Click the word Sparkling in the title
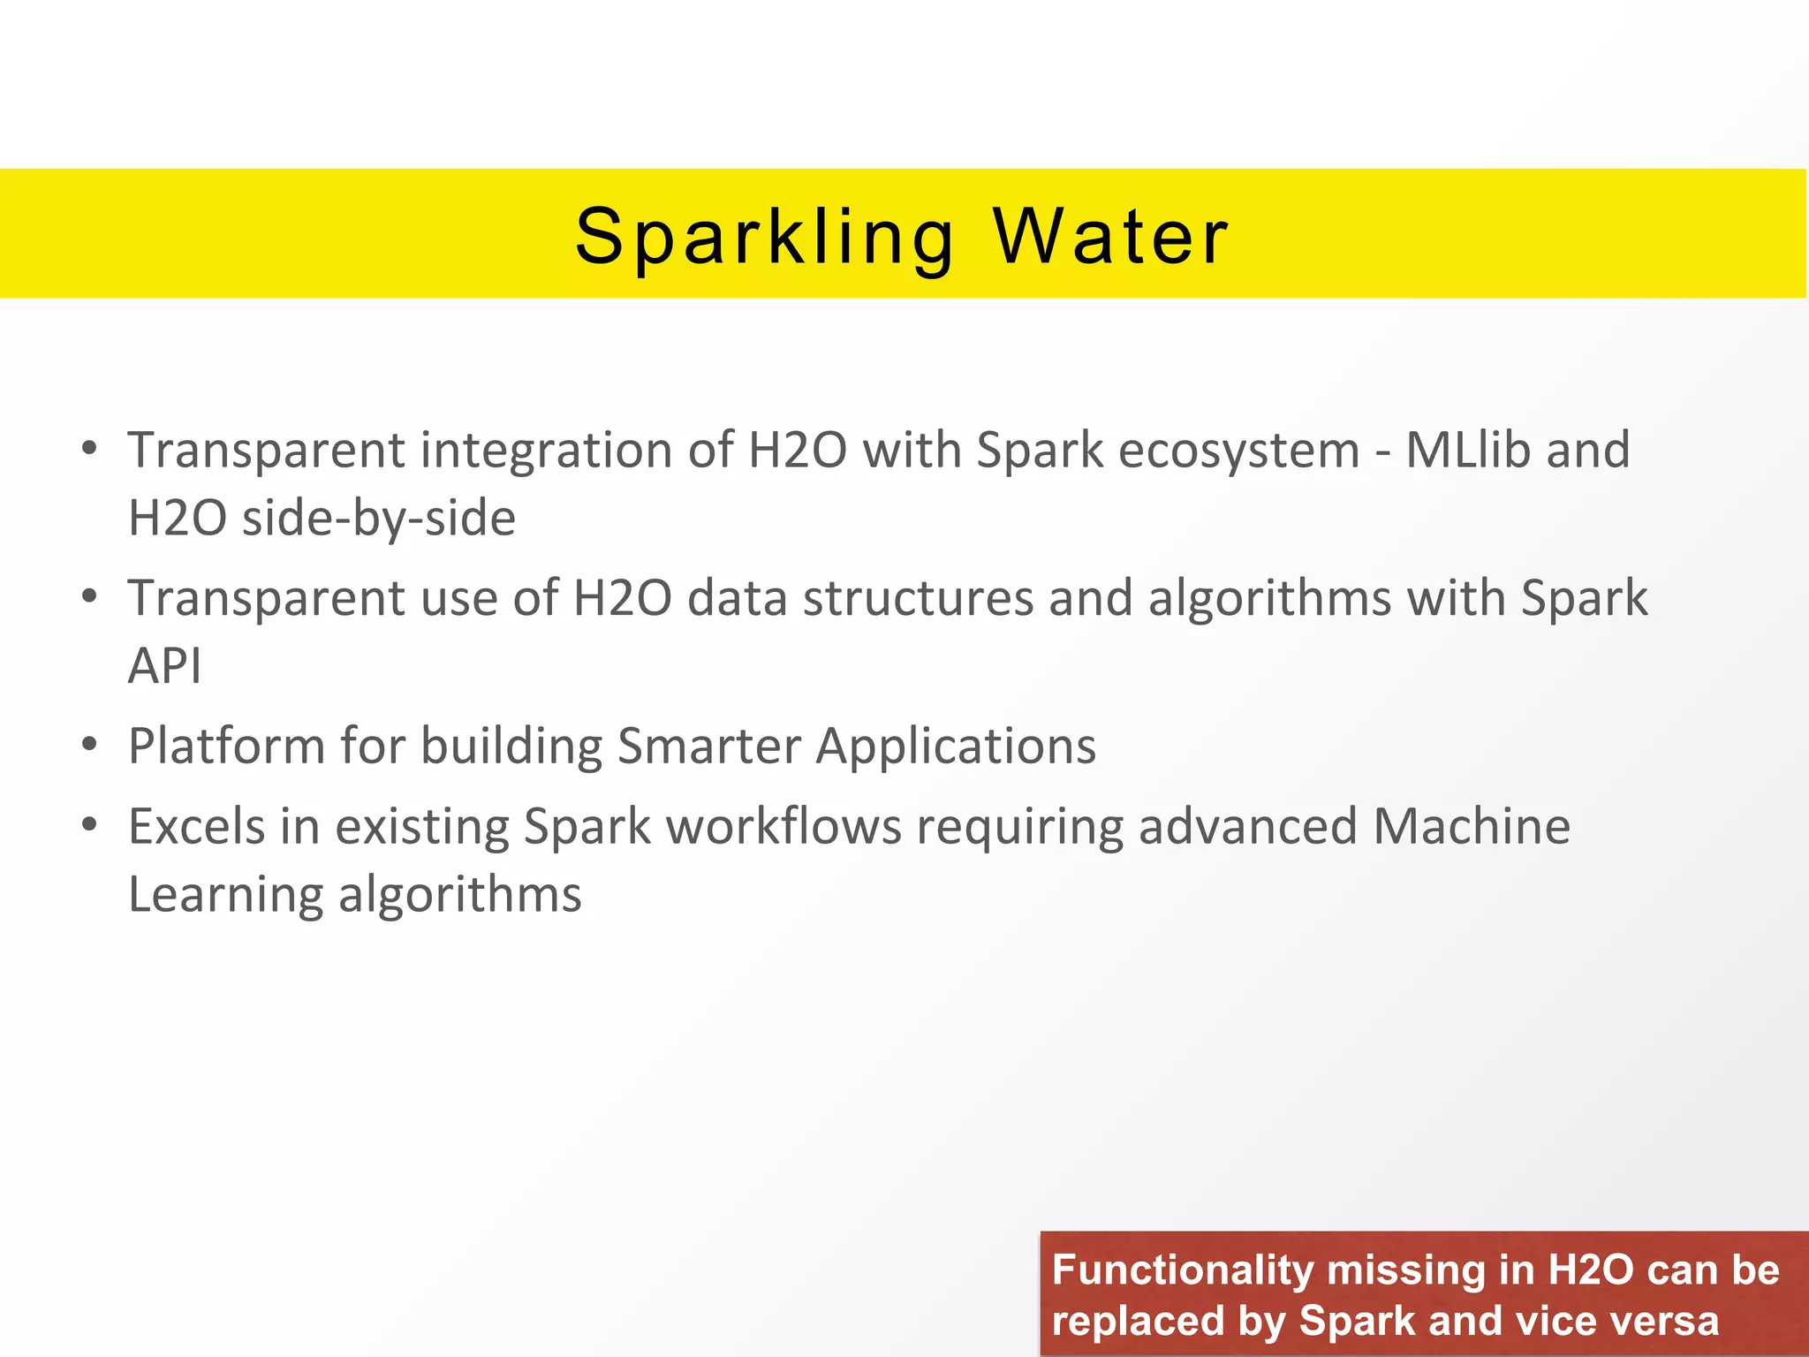pyautogui.click(x=765, y=237)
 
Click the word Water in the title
pyautogui.click(x=1110, y=237)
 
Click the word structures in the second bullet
pyautogui.click(x=918, y=598)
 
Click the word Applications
pyautogui.click(x=956, y=747)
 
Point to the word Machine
pyautogui.click(x=1472, y=827)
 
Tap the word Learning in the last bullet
pyautogui.click(x=226, y=895)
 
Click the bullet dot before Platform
pyautogui.click(x=88, y=745)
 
